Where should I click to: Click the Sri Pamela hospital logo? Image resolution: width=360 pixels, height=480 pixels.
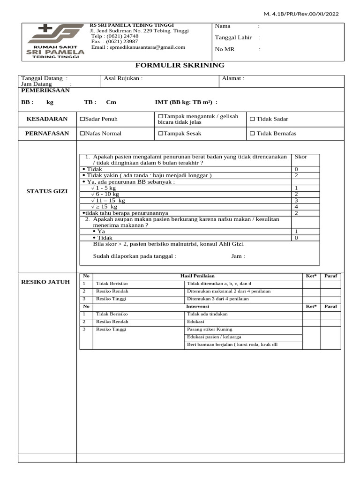pyautogui.click(x=55, y=41)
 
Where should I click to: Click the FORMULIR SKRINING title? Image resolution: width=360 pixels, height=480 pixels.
pyautogui.click(x=180, y=66)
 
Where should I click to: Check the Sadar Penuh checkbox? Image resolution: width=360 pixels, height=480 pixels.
pyautogui.click(x=82, y=120)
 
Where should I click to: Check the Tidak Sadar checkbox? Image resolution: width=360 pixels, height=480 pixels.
pyautogui.click(x=252, y=120)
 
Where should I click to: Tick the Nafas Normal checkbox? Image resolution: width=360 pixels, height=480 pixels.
pyautogui.click(x=82, y=134)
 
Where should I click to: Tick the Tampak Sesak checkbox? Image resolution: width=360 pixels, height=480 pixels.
pyautogui.click(x=160, y=134)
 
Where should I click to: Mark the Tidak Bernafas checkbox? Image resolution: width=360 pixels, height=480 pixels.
pyautogui.click(x=252, y=134)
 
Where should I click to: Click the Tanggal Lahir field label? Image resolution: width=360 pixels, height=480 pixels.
pyautogui.click(x=233, y=37)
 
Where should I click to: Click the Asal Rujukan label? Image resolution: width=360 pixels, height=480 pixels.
pyautogui.click(x=123, y=78)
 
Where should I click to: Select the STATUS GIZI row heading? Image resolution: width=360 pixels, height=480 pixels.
pyautogui.click(x=47, y=191)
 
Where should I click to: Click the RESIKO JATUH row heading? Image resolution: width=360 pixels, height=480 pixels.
pyautogui.click(x=45, y=282)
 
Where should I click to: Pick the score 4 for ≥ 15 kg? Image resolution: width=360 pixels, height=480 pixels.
pyautogui.click(x=296, y=207)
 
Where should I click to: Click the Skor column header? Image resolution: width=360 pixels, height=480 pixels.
pyautogui.click(x=300, y=157)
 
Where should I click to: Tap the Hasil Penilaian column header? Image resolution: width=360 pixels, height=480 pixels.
pyautogui.click(x=197, y=276)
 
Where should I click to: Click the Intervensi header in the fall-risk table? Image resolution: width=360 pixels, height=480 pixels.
pyautogui.click(x=197, y=307)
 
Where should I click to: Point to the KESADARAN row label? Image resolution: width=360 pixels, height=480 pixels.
pyautogui.click(x=47, y=119)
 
